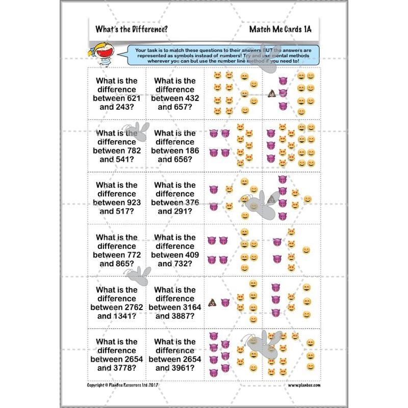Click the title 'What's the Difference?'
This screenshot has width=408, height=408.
click(x=131, y=29)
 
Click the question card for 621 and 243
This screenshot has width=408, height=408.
click(x=117, y=94)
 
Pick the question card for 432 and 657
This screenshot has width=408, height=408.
click(x=175, y=94)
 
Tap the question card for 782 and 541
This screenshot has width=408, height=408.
click(x=117, y=146)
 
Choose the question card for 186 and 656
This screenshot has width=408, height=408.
click(x=175, y=146)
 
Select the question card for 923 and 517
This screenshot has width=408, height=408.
click(x=117, y=198)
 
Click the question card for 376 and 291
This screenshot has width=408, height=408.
click(x=175, y=198)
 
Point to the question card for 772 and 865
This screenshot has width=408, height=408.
click(x=117, y=250)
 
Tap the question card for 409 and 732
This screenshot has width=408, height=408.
click(x=175, y=250)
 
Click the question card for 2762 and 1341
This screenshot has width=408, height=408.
click(x=117, y=303)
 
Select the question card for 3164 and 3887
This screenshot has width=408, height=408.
click(x=175, y=303)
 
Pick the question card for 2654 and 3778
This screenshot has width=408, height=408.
click(x=117, y=355)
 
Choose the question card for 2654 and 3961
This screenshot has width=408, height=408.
click(x=175, y=355)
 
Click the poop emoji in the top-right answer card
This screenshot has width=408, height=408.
click(x=271, y=93)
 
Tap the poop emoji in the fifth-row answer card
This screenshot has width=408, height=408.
click(x=213, y=302)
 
